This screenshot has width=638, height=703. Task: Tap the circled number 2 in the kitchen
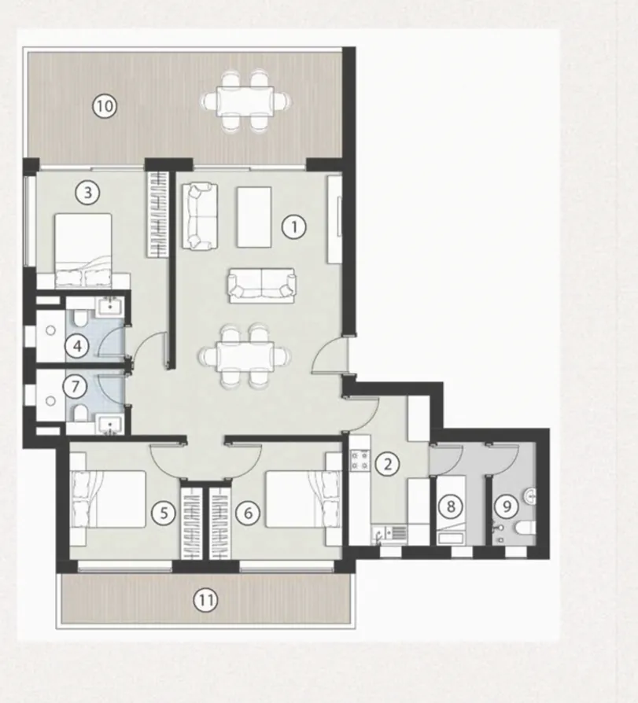[386, 463]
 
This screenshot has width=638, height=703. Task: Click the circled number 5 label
[164, 513]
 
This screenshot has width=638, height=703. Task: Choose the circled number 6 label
[248, 513]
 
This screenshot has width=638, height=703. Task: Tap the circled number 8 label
[451, 506]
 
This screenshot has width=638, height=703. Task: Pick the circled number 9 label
[507, 506]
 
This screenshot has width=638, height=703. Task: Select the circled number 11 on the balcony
[205, 601]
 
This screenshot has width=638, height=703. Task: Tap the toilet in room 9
[521, 527]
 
